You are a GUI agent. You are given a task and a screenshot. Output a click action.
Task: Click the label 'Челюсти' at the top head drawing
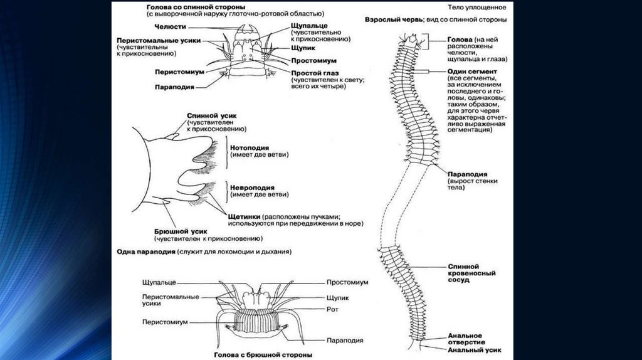pyautogui.click(x=169, y=26)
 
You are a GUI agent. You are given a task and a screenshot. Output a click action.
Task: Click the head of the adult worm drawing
pyautogui.click(x=412, y=41)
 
